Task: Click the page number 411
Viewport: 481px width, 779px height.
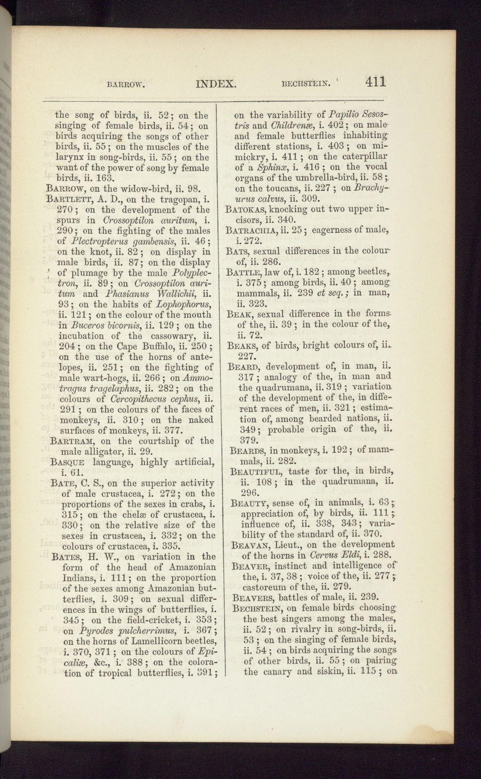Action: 375,82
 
